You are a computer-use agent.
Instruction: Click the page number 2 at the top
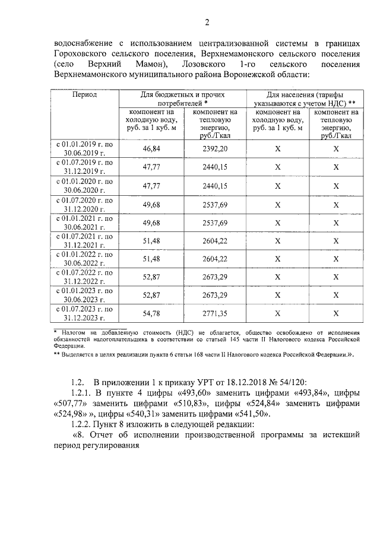[207, 23]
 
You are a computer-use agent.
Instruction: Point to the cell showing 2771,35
[215, 313]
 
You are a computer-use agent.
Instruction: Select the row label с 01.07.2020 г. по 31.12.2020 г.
[85, 204]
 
